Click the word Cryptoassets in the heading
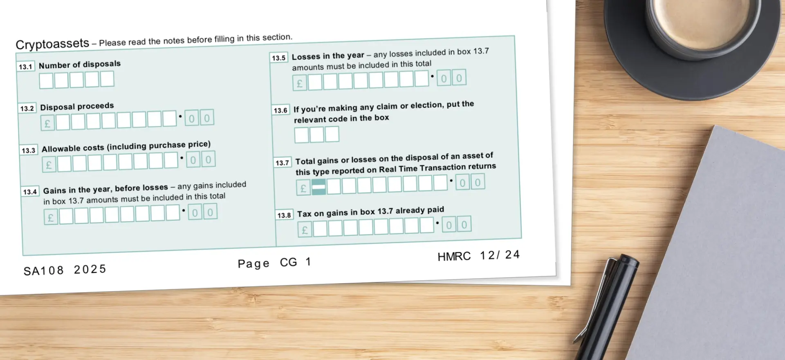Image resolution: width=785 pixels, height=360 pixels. pyautogui.click(x=52, y=44)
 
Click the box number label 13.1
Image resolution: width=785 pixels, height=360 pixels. pyautogui.click(x=26, y=67)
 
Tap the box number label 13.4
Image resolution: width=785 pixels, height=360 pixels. pyautogui.click(x=30, y=192)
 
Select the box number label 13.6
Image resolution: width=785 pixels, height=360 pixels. pyautogui.click(x=280, y=110)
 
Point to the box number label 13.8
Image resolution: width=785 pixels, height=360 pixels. pyautogui.click(x=284, y=215)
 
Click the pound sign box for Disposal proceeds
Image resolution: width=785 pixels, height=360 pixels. pyautogui.click(x=47, y=123)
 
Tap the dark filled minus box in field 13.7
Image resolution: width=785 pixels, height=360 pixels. pyautogui.click(x=319, y=187)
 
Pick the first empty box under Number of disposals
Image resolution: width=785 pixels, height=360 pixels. pyautogui.click(x=46, y=80)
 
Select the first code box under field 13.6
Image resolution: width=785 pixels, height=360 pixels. pyautogui.click(x=301, y=135)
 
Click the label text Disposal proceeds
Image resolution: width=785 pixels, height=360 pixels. pyautogui.click(x=77, y=107)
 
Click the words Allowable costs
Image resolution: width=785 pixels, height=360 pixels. pyautogui.click(x=73, y=148)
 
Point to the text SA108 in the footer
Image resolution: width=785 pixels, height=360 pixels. pyautogui.click(x=43, y=271)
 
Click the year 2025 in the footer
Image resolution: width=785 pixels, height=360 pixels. pyautogui.click(x=90, y=269)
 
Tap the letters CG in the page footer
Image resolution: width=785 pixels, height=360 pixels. pyautogui.click(x=288, y=262)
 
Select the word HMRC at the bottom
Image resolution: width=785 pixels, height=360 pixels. pyautogui.click(x=454, y=257)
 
